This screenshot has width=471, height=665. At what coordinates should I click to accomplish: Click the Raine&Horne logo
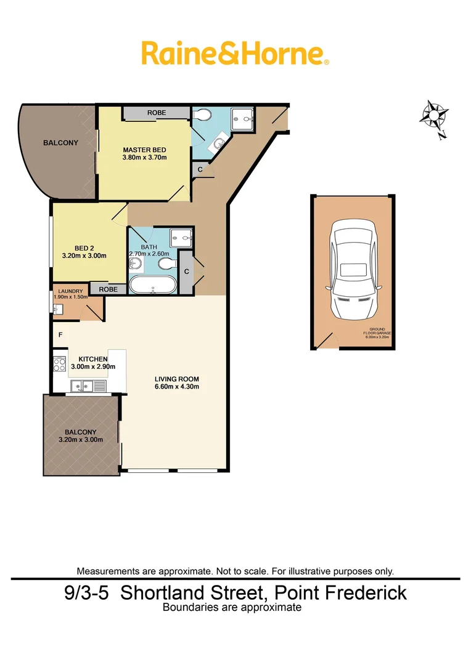tap(235, 53)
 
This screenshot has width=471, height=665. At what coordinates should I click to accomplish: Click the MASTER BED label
tap(144, 150)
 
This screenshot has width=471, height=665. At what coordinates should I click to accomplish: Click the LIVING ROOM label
tap(178, 379)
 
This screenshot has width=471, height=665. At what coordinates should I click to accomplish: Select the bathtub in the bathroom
tap(152, 286)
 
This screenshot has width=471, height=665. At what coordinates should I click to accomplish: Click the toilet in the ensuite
tap(204, 115)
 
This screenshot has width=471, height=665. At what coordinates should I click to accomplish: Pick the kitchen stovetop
tap(60, 364)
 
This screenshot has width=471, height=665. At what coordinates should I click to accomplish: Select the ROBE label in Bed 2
tap(108, 288)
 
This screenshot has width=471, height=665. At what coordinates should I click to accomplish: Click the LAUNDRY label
tap(70, 291)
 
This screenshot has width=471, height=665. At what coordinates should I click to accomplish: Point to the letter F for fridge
tap(60, 334)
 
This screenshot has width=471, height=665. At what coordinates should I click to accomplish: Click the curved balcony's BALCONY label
tap(60, 143)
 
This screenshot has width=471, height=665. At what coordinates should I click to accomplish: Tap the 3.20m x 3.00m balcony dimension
tap(80, 440)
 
